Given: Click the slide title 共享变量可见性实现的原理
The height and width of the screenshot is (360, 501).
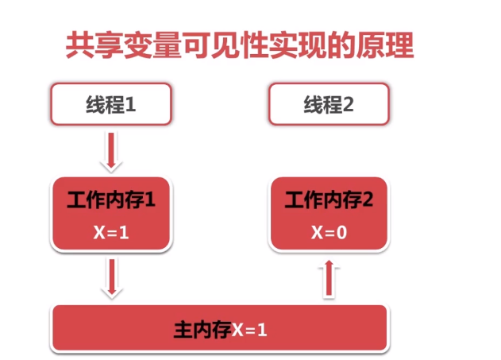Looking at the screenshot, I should (x=238, y=46).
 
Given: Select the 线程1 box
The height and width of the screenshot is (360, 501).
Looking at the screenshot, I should (x=110, y=105).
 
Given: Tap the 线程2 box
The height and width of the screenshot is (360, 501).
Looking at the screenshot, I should (x=329, y=105).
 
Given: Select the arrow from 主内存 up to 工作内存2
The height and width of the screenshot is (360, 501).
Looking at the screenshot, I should (x=330, y=280).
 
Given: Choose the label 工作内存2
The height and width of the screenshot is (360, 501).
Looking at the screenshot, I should (x=329, y=201).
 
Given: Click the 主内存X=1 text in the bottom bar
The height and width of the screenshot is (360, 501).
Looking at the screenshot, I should (x=220, y=327).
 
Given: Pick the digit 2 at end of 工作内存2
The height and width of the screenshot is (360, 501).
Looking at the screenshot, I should (x=367, y=201).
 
